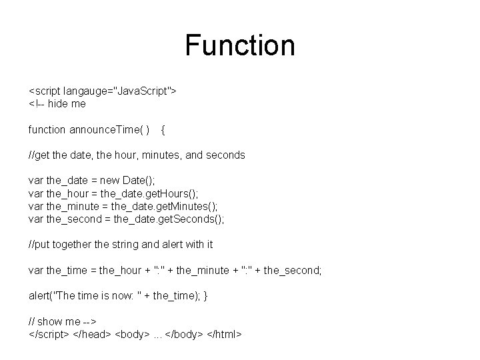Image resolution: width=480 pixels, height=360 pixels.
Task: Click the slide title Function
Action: [x=240, y=45]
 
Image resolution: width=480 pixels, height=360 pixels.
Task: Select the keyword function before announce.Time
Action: [x=47, y=129]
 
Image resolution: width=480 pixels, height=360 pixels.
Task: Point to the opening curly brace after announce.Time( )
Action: [x=164, y=129]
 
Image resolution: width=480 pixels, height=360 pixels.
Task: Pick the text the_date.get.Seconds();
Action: [x=168, y=219]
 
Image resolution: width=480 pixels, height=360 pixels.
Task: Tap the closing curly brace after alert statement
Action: [x=205, y=296]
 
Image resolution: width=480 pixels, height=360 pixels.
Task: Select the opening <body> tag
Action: [x=134, y=334]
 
